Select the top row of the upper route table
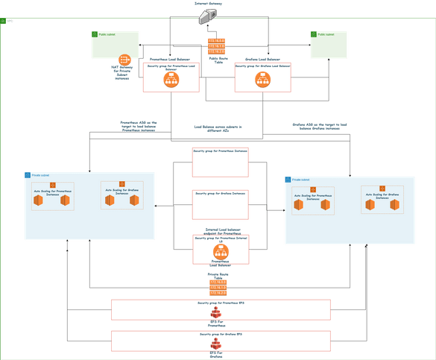coord(218,40)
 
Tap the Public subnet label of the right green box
coord(326,34)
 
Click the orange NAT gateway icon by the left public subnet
coord(124,60)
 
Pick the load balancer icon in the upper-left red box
coord(171,78)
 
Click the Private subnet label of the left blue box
coord(41,175)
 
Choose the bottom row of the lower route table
coord(218,294)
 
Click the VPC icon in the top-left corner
coord(10,22)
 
